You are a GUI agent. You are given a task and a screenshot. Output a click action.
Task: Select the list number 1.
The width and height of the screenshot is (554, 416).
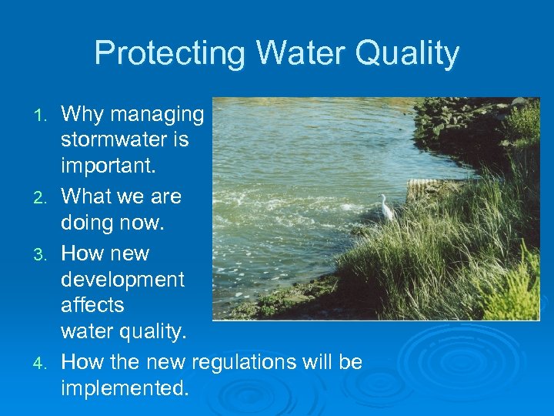(43, 116)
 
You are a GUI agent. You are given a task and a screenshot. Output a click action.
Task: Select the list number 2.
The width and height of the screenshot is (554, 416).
(43, 197)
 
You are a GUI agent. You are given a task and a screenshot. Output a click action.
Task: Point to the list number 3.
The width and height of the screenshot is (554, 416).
(43, 254)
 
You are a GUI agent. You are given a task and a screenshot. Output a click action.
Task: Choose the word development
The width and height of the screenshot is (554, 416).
(122, 279)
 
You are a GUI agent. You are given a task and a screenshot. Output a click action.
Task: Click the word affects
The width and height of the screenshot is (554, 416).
(92, 305)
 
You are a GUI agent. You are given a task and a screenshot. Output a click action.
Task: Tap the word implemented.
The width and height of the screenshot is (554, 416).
(124, 388)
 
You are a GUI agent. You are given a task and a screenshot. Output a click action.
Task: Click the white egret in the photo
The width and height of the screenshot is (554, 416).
(385, 206)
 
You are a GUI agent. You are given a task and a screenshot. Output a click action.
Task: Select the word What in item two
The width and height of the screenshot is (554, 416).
(87, 196)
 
